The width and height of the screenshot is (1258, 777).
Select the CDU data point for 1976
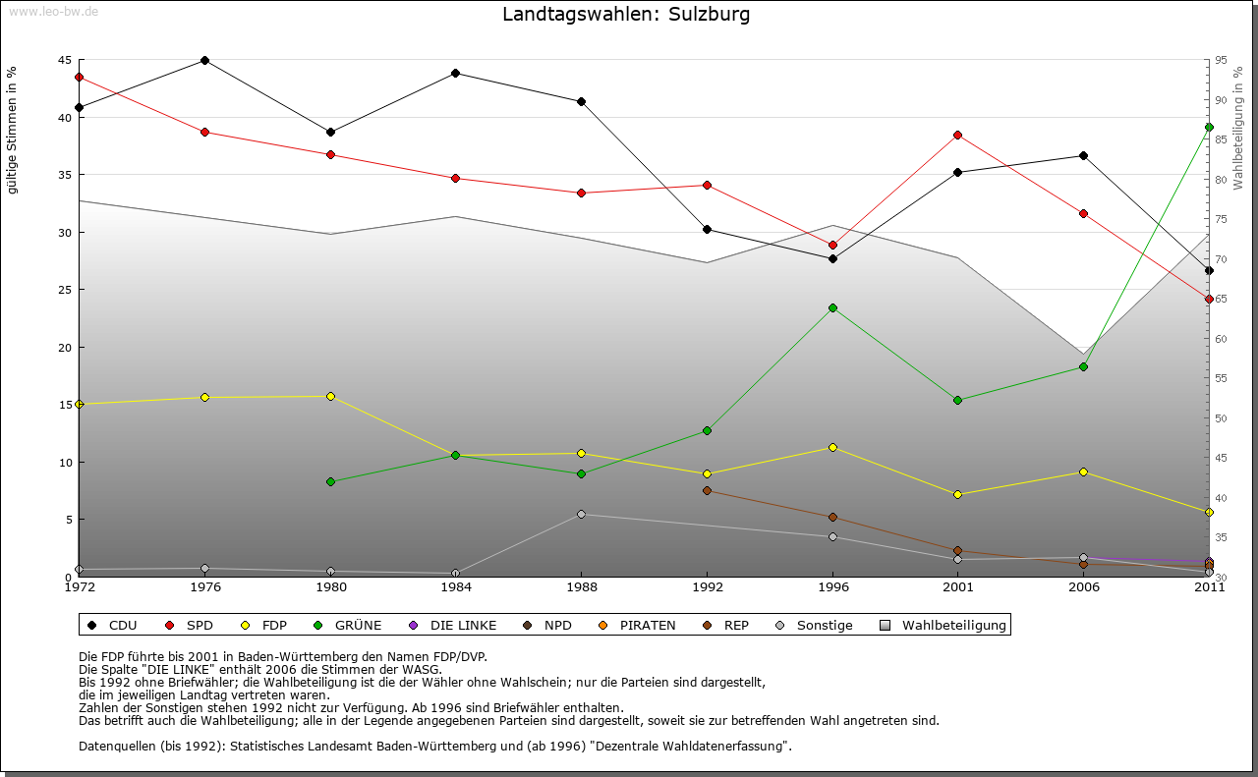204,60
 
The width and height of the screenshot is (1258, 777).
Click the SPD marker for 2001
957,135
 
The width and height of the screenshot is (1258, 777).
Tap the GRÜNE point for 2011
1209,127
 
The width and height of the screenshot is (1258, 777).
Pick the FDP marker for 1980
330,396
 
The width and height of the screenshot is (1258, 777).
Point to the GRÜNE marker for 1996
832,307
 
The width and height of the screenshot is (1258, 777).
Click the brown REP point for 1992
707,490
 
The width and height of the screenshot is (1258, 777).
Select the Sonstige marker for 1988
581,514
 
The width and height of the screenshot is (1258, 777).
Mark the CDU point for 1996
832,258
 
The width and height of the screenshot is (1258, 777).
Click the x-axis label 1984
456,588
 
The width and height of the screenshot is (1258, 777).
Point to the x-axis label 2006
1083,588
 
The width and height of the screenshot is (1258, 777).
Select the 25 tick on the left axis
64,290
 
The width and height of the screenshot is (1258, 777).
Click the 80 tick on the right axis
1221,180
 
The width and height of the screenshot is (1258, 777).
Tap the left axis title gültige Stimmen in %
13,130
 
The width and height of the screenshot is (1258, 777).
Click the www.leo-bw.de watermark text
53,11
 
